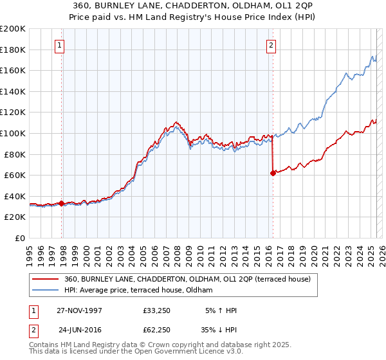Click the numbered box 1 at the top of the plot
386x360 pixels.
tap(59, 45)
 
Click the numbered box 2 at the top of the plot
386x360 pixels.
tap(271, 45)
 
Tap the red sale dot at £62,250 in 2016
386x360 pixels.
tap(273, 172)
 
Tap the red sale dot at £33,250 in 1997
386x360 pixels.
tap(62, 203)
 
